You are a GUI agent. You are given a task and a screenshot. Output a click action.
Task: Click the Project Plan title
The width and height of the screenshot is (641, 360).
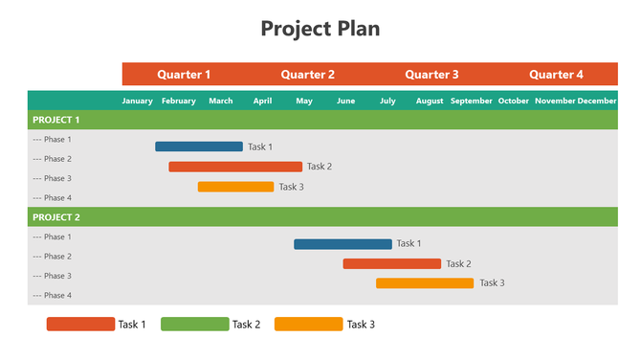pyautogui.click(x=320, y=29)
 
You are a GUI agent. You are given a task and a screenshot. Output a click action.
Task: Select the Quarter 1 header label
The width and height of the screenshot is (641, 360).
pyautogui.click(x=184, y=75)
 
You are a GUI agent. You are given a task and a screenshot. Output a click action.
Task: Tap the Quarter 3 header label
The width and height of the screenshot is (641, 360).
pyautogui.click(x=431, y=75)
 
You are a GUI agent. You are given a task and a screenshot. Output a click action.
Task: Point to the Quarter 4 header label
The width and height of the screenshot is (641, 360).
pyautogui.click(x=556, y=75)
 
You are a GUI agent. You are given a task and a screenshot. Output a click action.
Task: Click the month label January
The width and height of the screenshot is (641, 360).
pyautogui.click(x=138, y=101)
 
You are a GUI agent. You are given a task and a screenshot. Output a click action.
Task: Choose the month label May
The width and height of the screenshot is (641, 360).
pyautogui.click(x=304, y=101)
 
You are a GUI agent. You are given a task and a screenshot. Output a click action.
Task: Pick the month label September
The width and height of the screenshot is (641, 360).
pyautogui.click(x=472, y=101)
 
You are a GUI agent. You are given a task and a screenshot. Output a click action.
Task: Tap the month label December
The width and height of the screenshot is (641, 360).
pyautogui.click(x=597, y=101)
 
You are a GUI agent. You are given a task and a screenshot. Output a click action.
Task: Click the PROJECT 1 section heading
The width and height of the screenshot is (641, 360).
pyautogui.click(x=56, y=120)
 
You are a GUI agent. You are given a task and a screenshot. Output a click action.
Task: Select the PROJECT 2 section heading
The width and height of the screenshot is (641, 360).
pyautogui.click(x=56, y=217)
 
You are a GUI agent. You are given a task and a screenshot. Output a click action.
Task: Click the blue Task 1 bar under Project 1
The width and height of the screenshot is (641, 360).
pyautogui.click(x=199, y=146)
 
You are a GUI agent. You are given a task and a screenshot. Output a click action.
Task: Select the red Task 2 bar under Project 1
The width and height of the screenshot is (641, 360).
pyautogui.click(x=235, y=167)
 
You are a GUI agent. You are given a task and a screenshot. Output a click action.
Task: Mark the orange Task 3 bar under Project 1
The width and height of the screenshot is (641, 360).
pyautogui.click(x=235, y=187)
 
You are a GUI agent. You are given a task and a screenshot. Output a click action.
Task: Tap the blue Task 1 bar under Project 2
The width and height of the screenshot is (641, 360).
pyautogui.click(x=343, y=244)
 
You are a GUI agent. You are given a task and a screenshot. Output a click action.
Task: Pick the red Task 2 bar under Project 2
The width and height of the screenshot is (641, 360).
pyautogui.click(x=392, y=263)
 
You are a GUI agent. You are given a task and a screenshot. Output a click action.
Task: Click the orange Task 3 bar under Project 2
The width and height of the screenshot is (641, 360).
pyautogui.click(x=425, y=283)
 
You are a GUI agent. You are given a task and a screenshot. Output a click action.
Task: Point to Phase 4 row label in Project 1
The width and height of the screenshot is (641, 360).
pyautogui.click(x=52, y=198)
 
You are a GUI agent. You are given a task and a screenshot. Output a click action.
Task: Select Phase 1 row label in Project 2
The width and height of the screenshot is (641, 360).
pyautogui.click(x=52, y=236)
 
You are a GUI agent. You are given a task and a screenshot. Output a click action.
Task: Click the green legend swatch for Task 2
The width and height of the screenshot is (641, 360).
pyautogui.click(x=195, y=325)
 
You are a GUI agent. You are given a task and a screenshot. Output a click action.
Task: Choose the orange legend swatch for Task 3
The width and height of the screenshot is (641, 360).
pyautogui.click(x=308, y=325)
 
